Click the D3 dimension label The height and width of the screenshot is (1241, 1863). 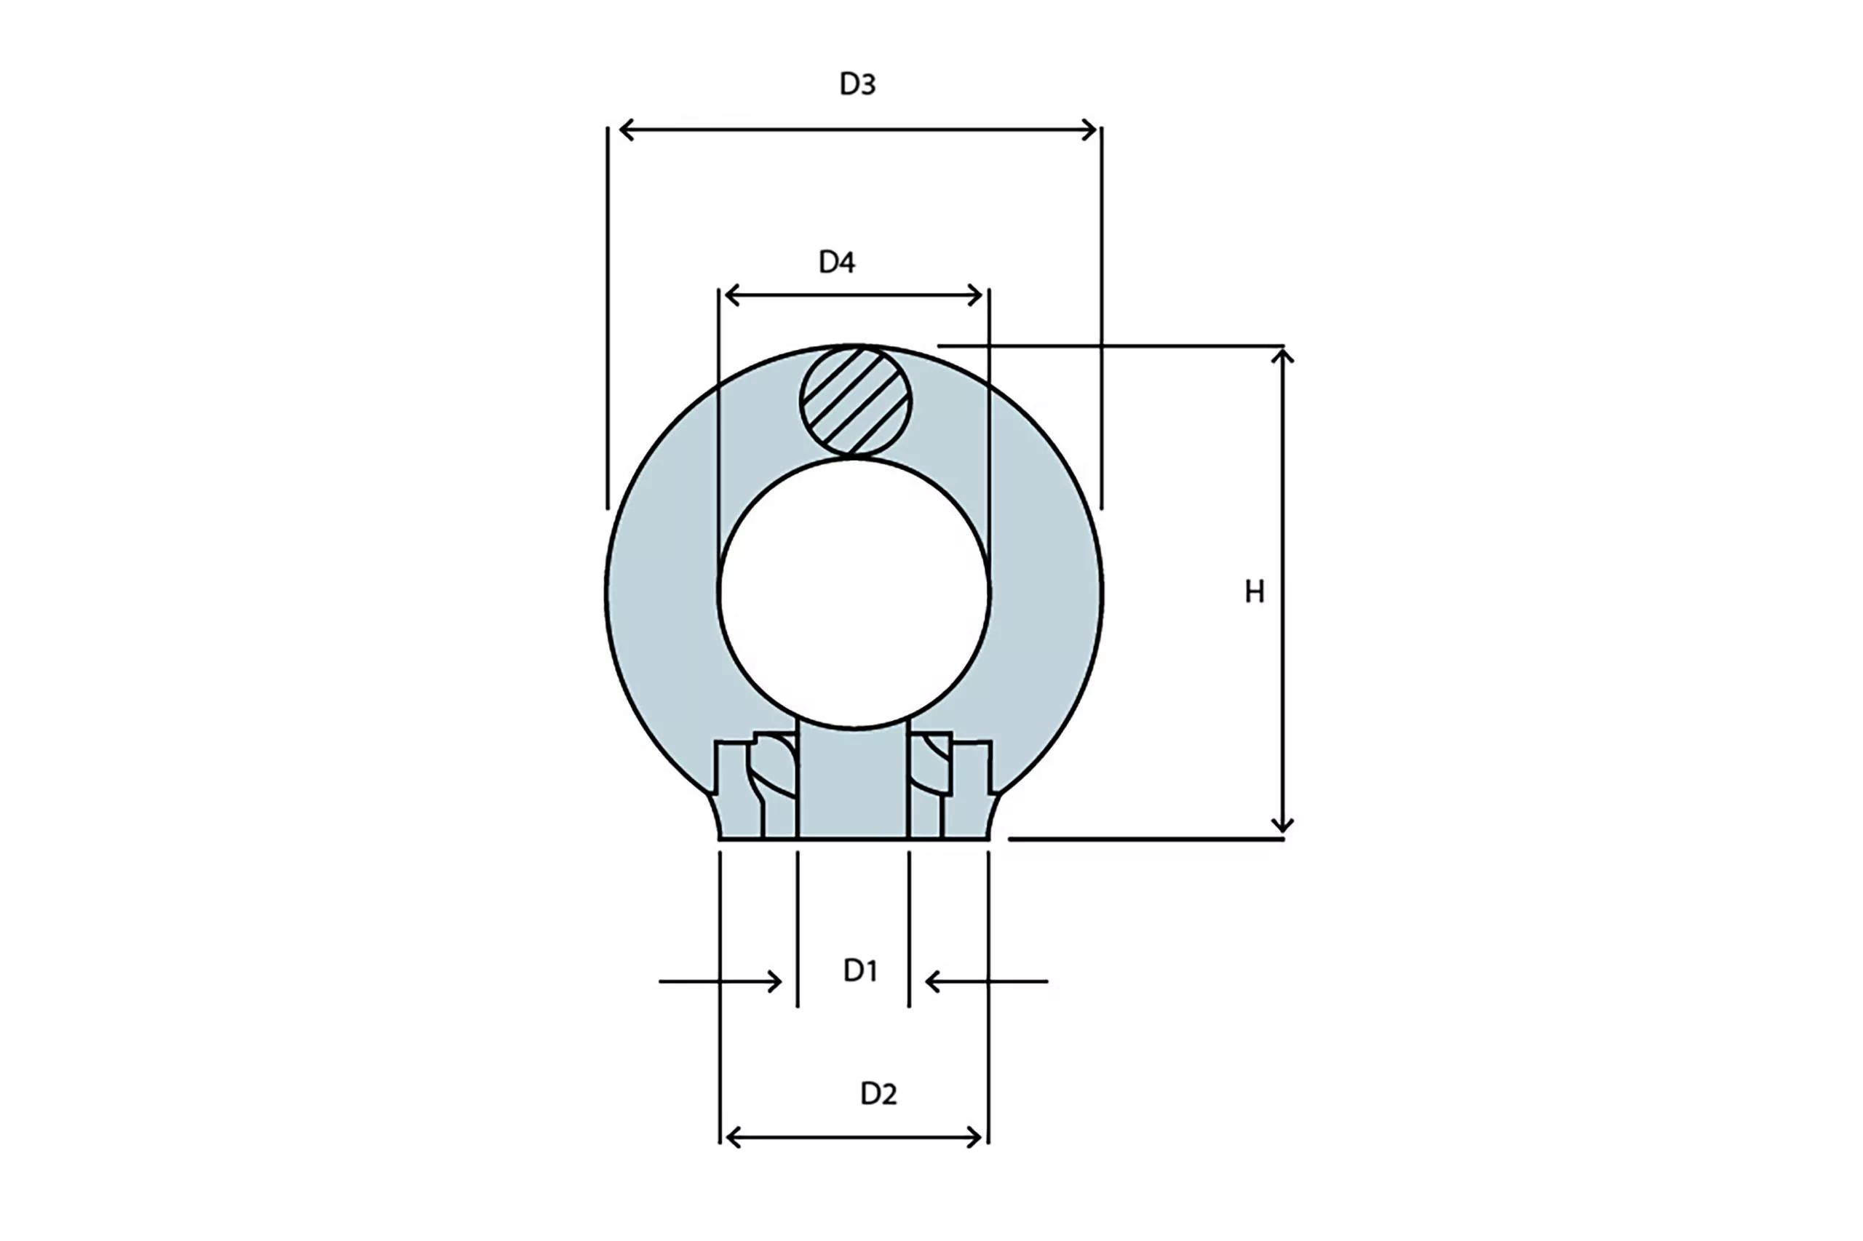[857, 84]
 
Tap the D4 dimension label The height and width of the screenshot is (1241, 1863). [836, 262]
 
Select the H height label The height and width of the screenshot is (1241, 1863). [1254, 592]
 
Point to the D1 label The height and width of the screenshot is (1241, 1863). [860, 970]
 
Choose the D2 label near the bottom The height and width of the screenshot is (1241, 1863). [878, 1094]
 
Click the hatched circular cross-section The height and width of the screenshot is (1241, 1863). [855, 402]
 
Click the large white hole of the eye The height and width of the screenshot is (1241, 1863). [854, 593]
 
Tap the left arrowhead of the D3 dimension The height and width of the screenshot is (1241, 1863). [627, 129]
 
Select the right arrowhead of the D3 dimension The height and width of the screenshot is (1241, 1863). [1089, 129]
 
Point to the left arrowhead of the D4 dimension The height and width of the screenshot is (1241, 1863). [732, 295]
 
